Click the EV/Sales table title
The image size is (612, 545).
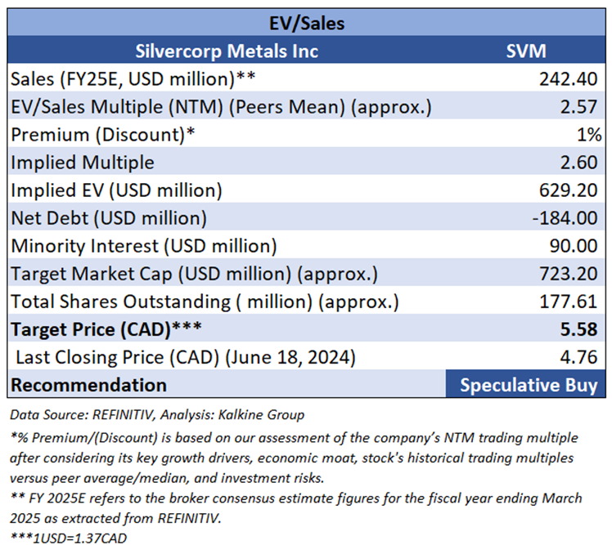[x=307, y=23]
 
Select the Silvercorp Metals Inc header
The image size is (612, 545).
[x=227, y=51]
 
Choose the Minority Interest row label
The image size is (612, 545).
[x=143, y=246]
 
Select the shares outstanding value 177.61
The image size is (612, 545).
[x=569, y=302]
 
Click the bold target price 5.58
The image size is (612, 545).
[x=580, y=329]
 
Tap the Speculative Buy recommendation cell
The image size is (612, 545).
[x=528, y=385]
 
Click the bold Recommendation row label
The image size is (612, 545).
[x=88, y=385]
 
